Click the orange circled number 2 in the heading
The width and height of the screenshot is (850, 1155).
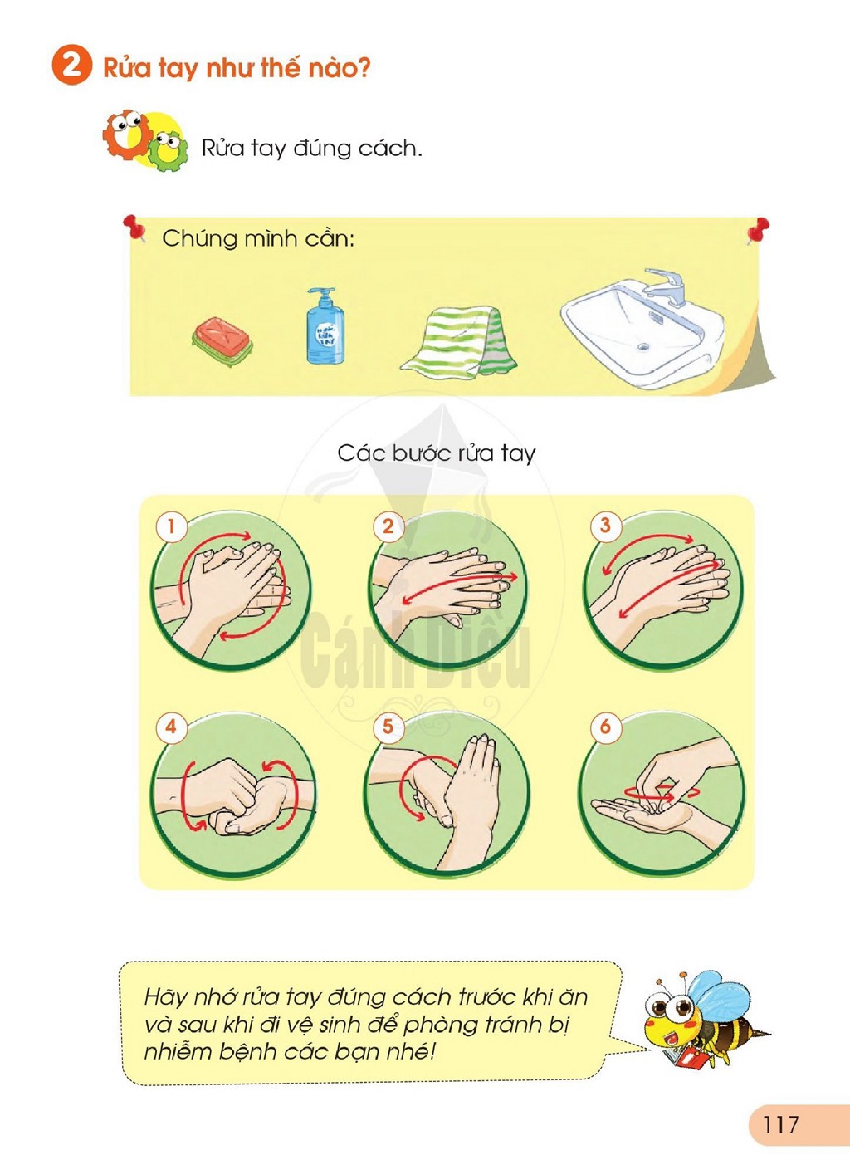pyautogui.click(x=71, y=66)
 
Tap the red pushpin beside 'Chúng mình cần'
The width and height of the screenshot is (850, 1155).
pyautogui.click(x=134, y=228)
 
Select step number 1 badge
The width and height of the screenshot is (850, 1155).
pyautogui.click(x=171, y=527)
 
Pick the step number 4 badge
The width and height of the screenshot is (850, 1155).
pyautogui.click(x=171, y=727)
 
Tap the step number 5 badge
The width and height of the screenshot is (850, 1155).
pyautogui.click(x=388, y=727)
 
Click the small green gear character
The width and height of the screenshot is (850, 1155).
pyautogui.click(x=165, y=149)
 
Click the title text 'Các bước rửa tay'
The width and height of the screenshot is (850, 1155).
pyautogui.click(x=437, y=453)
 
